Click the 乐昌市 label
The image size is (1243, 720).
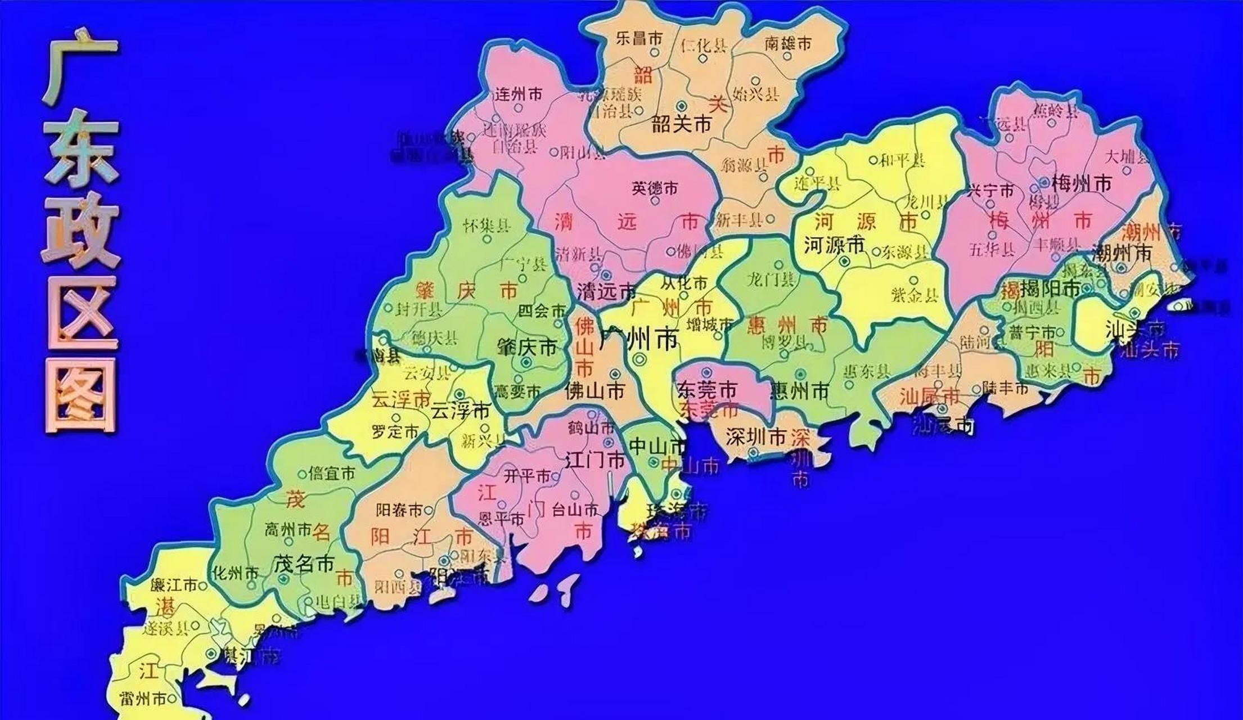point(639,38)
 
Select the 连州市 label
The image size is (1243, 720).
point(517,94)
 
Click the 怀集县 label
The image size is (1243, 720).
point(487,226)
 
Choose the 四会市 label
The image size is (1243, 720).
point(541,310)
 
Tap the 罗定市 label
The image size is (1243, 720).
point(395,431)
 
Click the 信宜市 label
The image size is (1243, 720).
point(332,474)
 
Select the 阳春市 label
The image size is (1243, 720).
point(399,510)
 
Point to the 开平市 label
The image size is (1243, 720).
point(527,476)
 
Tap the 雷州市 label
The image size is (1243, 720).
point(143,699)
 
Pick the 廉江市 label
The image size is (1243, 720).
point(174,586)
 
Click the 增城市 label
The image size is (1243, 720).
point(710,325)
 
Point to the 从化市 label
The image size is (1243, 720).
point(683,282)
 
